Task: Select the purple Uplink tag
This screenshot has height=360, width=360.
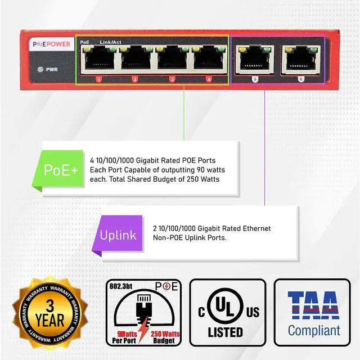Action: click(118, 235)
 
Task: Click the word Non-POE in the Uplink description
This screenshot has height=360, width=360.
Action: click(171, 238)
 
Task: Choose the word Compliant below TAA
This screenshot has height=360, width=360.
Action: click(314, 330)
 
